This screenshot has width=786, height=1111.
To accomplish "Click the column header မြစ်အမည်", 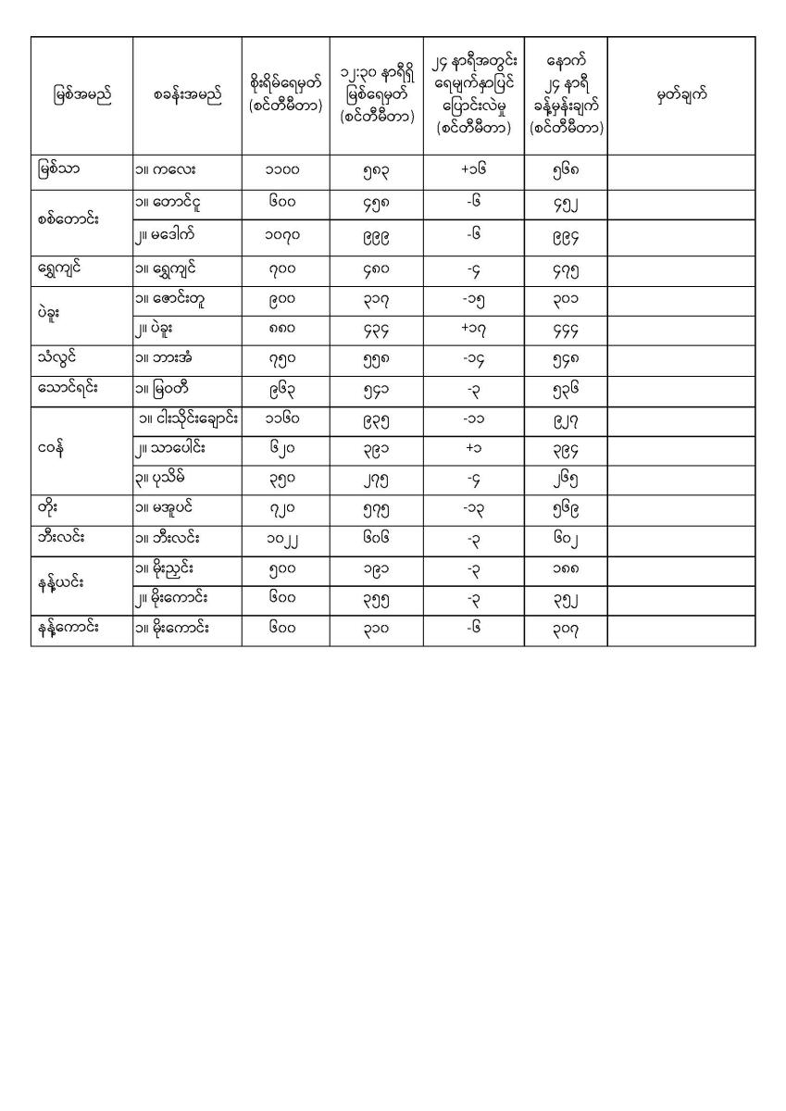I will (81, 96).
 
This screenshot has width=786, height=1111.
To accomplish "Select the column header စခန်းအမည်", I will (188, 96).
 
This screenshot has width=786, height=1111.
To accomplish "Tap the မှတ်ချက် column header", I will (681, 96).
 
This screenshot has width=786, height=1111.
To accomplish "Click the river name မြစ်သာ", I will (59, 170).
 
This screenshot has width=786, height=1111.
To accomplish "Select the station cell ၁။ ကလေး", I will (166, 170).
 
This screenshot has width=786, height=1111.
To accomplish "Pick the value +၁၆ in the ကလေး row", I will (473, 170).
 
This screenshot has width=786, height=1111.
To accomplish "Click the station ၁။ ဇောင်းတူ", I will (172, 299).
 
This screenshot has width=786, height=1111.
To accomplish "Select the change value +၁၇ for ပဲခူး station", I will (473, 331).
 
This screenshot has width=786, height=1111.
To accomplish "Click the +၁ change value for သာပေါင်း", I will (473, 451).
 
